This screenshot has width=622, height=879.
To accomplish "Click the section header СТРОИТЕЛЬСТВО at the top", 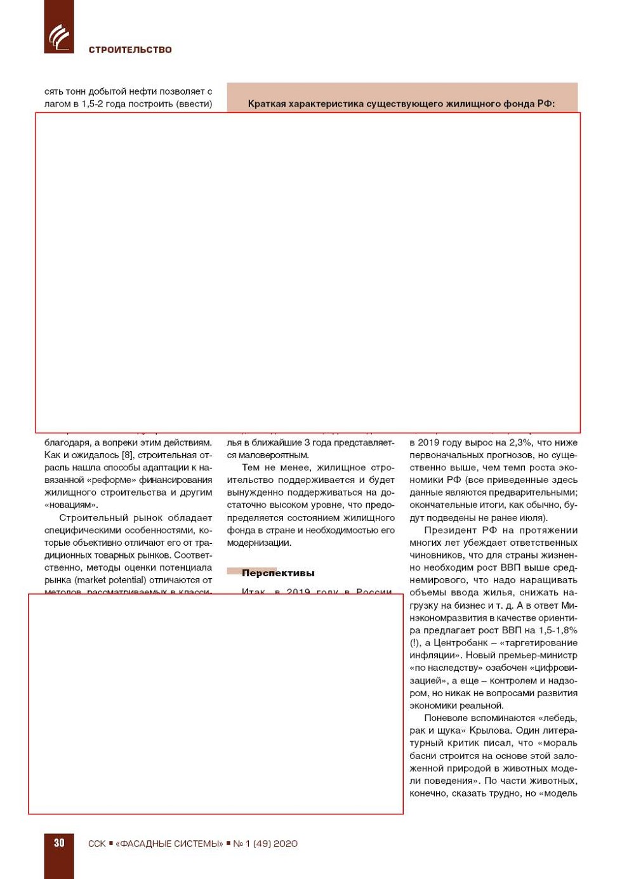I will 130,50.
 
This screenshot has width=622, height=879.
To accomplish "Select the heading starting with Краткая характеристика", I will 401,103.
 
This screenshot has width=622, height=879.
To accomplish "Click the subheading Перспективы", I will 278,572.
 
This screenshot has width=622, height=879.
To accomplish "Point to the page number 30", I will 59,843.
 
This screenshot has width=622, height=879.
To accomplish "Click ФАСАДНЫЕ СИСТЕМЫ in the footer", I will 169,843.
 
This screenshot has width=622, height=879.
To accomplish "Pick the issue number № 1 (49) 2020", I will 265,843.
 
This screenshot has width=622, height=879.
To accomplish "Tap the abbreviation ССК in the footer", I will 96,843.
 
